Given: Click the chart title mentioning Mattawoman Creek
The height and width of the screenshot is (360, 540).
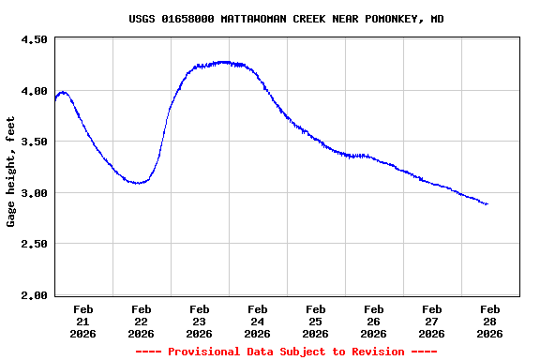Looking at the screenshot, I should point(286,19).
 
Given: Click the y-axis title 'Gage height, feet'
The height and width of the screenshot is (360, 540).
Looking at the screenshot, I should point(11,172).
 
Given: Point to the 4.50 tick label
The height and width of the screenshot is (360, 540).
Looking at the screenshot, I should point(33,40).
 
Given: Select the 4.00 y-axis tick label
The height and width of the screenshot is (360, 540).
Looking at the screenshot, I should point(33,91).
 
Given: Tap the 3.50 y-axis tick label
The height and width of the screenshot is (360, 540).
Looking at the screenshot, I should point(33,142).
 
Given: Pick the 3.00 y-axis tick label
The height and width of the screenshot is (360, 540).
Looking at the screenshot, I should point(33,193).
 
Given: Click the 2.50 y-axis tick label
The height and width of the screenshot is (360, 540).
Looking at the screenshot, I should point(33,244).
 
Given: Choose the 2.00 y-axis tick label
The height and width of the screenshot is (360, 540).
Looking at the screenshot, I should point(33,295).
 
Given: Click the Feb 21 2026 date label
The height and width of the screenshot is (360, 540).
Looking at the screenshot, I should point(83,321).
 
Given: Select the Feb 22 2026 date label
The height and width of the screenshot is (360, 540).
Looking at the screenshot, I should point(142,321).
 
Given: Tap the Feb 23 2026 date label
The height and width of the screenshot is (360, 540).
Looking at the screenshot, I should point(200,321).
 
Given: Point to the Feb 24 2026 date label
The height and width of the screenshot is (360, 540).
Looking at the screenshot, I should point(258,321).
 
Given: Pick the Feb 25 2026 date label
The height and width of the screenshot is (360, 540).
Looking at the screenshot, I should point(316,321).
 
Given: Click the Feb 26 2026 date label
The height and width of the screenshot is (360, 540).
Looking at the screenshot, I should point(374,321).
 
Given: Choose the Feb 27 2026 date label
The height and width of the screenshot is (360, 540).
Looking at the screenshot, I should point(432,321).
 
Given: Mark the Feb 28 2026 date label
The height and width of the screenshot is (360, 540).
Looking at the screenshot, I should point(490,321).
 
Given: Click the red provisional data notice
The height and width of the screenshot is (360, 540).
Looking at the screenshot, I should point(286,352).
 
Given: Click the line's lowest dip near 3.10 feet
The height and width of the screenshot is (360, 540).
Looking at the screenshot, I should point(139,183).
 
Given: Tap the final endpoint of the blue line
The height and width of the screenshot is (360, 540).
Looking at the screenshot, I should point(487,203).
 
